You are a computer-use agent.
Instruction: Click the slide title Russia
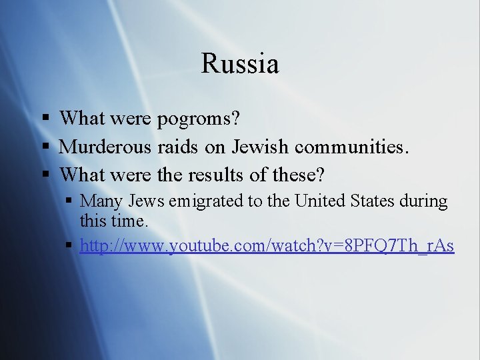(239, 64)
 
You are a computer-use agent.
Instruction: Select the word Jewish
(259, 147)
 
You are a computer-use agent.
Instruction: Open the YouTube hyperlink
(267, 246)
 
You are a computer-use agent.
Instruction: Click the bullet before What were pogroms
(45, 119)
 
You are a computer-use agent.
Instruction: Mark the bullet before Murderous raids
(45, 147)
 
